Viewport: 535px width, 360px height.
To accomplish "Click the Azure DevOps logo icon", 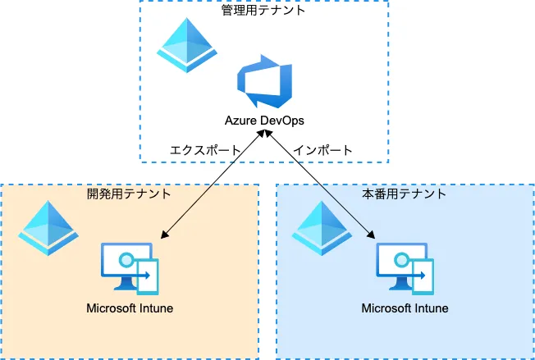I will (x=264, y=81).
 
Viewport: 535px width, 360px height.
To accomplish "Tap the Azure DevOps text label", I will (x=264, y=121).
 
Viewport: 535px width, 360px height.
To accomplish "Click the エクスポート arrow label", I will (x=204, y=150).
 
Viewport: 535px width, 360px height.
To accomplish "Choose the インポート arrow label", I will (x=324, y=150).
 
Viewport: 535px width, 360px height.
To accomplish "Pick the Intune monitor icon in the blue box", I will (x=405, y=268).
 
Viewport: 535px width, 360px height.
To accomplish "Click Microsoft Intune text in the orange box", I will (x=130, y=308).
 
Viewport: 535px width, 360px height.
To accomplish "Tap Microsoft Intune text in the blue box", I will (x=405, y=308).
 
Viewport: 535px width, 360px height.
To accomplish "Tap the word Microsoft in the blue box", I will (x=386, y=308).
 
